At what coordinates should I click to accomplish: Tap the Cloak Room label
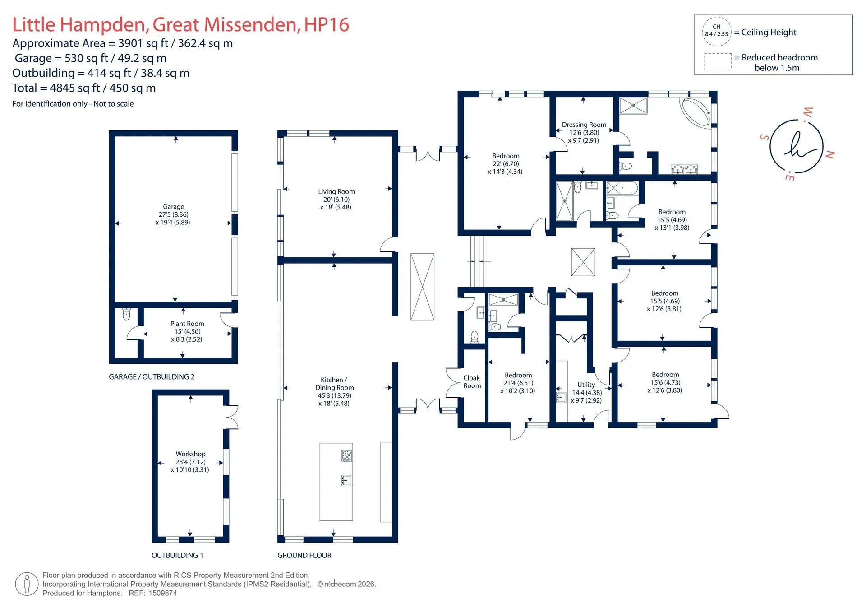click(x=472, y=382)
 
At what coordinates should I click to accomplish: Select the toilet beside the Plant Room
click(x=126, y=314)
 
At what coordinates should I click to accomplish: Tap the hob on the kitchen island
click(x=346, y=455)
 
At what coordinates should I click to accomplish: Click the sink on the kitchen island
click(x=346, y=480)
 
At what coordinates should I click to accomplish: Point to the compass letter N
click(x=830, y=154)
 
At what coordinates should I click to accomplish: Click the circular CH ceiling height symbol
click(x=716, y=31)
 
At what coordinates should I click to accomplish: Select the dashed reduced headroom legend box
click(x=718, y=62)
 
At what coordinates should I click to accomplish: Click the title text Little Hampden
click(x=81, y=24)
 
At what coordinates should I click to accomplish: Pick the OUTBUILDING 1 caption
click(x=177, y=555)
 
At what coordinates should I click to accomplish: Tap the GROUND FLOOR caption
click(x=304, y=555)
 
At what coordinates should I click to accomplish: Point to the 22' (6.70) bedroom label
click(x=506, y=164)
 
